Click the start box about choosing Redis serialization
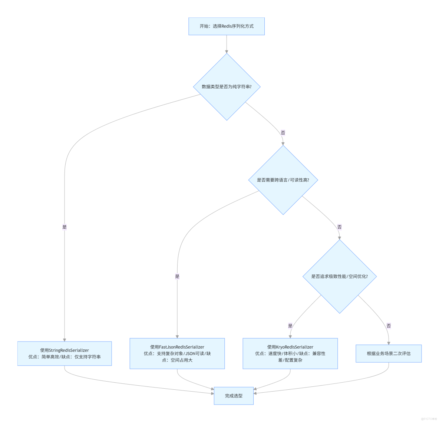tap(227, 26)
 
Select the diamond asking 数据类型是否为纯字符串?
tap(227, 87)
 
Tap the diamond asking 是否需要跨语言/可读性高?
tap(283, 180)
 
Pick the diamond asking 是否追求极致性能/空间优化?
tap(339, 276)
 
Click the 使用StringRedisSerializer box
tap(65, 353)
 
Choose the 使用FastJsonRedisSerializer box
tap(177, 353)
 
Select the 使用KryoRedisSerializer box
tap(290, 353)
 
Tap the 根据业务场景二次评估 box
tap(389, 353)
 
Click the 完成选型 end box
tap(234, 396)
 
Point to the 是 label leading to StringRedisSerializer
tap(65, 227)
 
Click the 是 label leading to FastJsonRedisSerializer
tap(177, 276)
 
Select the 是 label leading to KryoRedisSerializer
tap(290, 326)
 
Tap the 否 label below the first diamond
tap(283, 133)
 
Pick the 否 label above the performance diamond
tap(339, 227)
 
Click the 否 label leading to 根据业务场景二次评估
tap(389, 326)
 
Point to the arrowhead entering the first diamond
tap(227, 52)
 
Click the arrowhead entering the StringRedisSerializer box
tap(65, 339)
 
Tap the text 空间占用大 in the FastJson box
tap(181, 360)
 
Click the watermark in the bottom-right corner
tap(429, 419)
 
